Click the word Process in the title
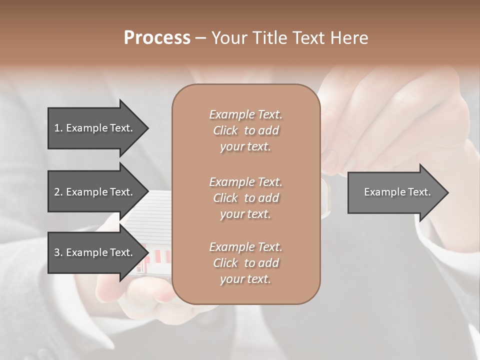click(x=157, y=38)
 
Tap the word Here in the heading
click(x=348, y=38)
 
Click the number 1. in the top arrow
click(x=58, y=128)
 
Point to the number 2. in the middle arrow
click(x=58, y=192)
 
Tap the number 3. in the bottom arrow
click(x=58, y=252)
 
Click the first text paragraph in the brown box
click(x=245, y=130)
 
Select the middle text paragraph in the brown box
click(x=245, y=198)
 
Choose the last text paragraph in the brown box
click(x=245, y=263)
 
